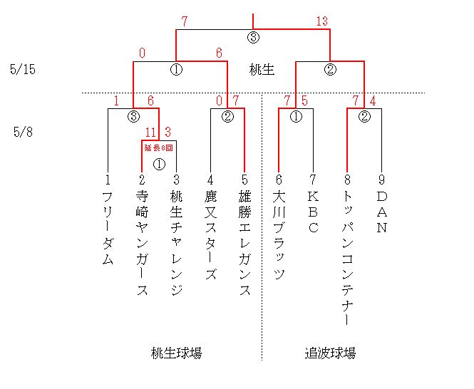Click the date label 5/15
click(23, 69)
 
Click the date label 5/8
click(23, 132)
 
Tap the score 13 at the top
click(322, 21)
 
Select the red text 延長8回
click(159, 147)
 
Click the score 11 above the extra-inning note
click(150, 132)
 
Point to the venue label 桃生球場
click(176, 353)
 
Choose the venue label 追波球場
click(330, 353)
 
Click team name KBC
click(313, 212)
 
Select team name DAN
click(382, 212)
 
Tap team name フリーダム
click(108, 228)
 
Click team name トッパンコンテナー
click(347, 258)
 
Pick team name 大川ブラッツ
click(279, 235)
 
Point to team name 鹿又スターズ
click(211, 235)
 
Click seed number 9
click(382, 180)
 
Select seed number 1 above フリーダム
click(108, 180)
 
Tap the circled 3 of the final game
click(253, 38)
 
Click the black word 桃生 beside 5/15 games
click(262, 70)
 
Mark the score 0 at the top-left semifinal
click(143, 53)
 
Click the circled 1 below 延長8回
click(160, 165)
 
